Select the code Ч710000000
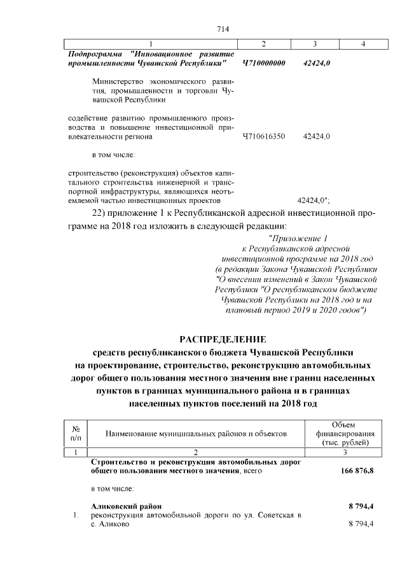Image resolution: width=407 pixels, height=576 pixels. click(264, 64)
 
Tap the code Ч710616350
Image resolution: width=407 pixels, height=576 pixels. click(264, 136)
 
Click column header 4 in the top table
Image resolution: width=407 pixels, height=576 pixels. click(362, 44)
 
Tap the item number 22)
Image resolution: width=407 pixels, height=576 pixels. click(103, 212)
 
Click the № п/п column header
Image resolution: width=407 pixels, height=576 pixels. click(76, 433)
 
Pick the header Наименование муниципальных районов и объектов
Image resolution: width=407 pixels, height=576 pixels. click(196, 433)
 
